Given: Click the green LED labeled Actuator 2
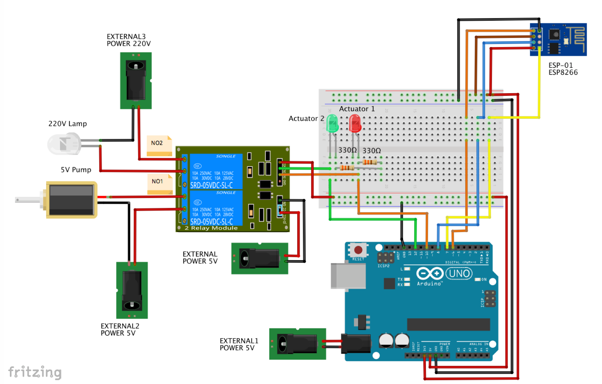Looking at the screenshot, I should (x=332, y=124).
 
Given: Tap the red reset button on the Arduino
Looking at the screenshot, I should (x=358, y=250).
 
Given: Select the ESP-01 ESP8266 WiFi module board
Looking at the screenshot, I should (x=558, y=40).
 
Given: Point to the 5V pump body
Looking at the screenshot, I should (x=71, y=200).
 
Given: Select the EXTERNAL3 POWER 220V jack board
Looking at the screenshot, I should (x=136, y=81).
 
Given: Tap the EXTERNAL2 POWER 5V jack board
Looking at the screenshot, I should (x=132, y=290).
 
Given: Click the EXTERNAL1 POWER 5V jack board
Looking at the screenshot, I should (x=297, y=344).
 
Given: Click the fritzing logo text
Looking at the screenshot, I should (x=34, y=372).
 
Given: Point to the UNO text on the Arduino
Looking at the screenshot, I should (x=459, y=273).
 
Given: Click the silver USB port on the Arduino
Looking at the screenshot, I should (x=348, y=276).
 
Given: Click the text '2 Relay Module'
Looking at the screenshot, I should (x=211, y=228).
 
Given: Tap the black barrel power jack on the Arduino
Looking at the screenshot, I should (x=356, y=344).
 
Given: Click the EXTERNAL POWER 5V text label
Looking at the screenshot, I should (x=200, y=258).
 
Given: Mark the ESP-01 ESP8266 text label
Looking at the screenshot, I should (x=563, y=69).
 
